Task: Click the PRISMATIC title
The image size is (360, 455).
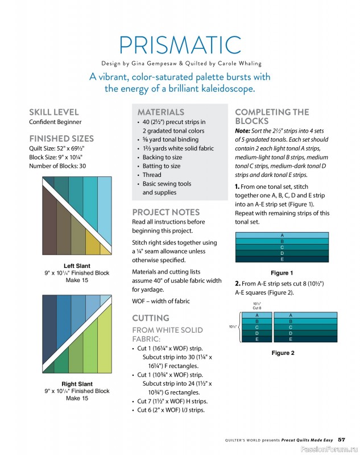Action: [x=180, y=45]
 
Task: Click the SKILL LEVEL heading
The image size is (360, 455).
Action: [x=54, y=112]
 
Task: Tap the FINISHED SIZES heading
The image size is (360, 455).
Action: [x=61, y=138]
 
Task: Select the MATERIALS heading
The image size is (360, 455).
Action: [x=161, y=112]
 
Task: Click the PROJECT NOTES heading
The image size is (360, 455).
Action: [x=166, y=212]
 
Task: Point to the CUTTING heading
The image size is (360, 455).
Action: [x=151, y=318]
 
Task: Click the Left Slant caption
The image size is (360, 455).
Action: [x=77, y=266]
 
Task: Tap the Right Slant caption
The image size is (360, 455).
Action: [x=77, y=384]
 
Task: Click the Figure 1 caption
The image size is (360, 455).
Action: [x=282, y=273]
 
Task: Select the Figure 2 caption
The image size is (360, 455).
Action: [x=283, y=353]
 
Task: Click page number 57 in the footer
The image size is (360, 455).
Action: [x=341, y=439]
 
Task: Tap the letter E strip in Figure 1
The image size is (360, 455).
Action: [x=282, y=259]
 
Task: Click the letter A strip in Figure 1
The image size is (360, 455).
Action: [x=282, y=235]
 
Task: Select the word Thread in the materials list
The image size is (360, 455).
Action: [x=152, y=175]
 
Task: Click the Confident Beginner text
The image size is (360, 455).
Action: [x=55, y=122]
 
